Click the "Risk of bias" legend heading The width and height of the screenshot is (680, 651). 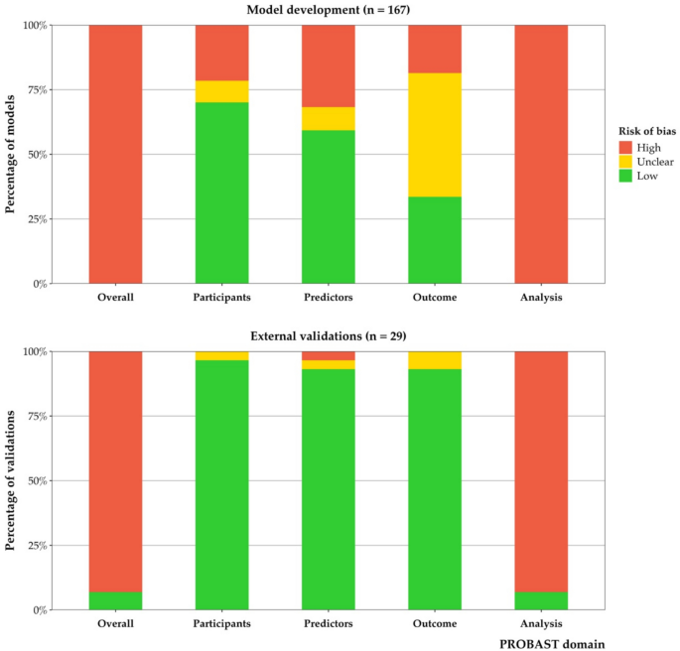click(x=637, y=128)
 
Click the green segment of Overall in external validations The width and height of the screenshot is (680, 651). click(x=115, y=600)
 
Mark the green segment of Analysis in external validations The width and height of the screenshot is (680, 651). click(x=541, y=600)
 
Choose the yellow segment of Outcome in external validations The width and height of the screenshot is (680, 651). click(x=435, y=360)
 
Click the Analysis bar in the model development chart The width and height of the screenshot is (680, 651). click(x=541, y=154)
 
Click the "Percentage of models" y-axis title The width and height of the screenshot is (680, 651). click(x=12, y=154)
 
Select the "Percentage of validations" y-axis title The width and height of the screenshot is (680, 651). click(x=12, y=480)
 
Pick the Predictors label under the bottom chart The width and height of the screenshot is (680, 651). click(x=329, y=623)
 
